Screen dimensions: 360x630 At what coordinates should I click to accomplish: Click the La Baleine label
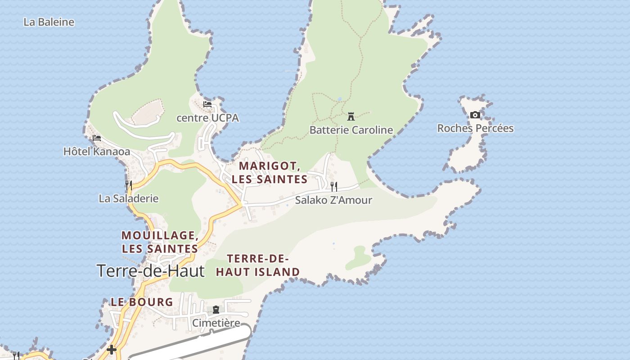(49, 22)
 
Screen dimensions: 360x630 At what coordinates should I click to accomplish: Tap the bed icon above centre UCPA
(207, 104)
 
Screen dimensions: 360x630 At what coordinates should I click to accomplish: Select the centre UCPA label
(207, 118)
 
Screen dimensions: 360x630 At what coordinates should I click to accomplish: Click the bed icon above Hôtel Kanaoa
(97, 138)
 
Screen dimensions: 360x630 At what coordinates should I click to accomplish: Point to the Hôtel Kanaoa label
(97, 152)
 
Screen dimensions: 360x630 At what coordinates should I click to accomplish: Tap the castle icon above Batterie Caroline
(351, 117)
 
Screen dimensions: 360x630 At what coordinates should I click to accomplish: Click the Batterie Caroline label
(351, 130)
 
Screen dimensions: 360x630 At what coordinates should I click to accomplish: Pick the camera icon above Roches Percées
(475, 115)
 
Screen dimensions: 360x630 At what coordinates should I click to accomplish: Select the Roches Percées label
(475, 128)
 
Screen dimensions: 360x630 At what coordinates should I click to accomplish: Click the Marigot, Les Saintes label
(270, 172)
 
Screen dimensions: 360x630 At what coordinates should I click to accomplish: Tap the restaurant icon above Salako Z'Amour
(334, 186)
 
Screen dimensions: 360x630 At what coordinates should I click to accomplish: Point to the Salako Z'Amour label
(333, 200)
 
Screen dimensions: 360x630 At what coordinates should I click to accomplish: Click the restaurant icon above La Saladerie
(129, 185)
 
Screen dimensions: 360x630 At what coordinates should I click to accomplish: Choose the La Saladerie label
(129, 198)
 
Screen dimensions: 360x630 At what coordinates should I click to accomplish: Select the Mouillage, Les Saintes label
(160, 242)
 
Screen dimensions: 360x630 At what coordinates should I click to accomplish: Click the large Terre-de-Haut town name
(150, 271)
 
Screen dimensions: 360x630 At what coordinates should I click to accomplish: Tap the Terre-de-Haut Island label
(258, 265)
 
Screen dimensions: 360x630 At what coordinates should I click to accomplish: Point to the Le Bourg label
(142, 302)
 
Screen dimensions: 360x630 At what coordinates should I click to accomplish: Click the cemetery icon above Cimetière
(216, 310)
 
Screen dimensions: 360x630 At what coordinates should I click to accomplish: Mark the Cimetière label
(216, 323)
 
